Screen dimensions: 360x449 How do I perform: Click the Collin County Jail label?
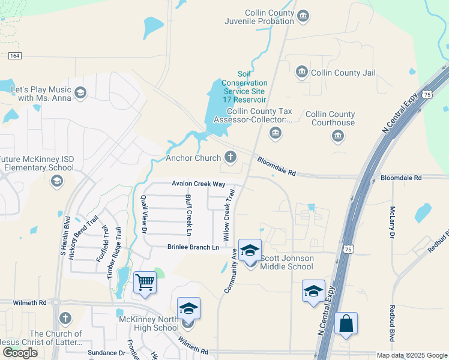[x=343, y=73]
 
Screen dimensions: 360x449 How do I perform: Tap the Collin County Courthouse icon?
[x=337, y=137]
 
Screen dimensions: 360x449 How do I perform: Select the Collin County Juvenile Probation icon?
[x=303, y=14]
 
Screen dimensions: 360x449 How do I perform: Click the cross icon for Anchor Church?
[x=230, y=158]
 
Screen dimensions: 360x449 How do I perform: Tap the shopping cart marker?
[x=145, y=282]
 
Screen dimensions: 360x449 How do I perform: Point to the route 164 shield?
[x=16, y=56]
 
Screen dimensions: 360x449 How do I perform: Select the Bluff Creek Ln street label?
[x=188, y=214]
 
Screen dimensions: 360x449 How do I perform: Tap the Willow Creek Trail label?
[x=229, y=214]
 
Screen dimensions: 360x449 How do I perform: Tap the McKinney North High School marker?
[x=188, y=309]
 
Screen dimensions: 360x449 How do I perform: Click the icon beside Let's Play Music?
[x=80, y=93]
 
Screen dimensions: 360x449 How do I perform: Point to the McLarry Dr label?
[x=392, y=222]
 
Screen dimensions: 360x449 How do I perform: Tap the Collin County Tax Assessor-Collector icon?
[x=276, y=133]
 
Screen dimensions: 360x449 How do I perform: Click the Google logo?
[x=20, y=353]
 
